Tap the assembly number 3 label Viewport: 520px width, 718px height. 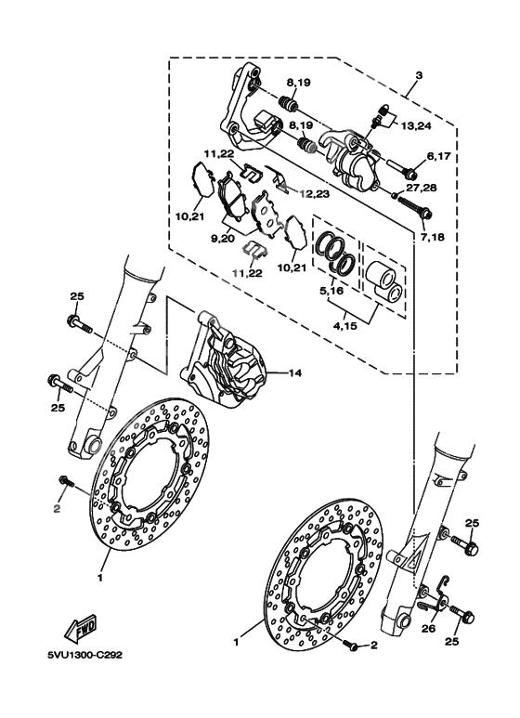click(419, 74)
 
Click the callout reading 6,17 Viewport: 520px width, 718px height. click(438, 158)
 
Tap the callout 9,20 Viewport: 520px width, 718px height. click(223, 239)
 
